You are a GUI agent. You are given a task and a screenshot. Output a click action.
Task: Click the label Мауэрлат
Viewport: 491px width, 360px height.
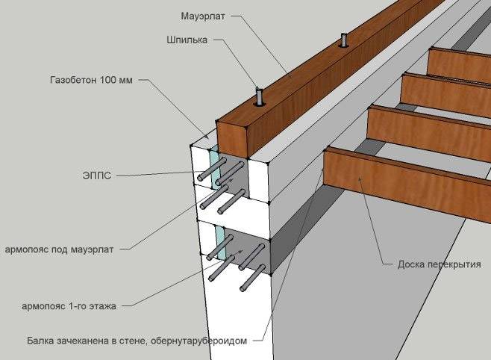203,16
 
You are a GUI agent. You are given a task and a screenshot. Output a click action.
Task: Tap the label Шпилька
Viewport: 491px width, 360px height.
187,40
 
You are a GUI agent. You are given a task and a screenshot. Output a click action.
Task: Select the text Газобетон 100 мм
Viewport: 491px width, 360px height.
91,80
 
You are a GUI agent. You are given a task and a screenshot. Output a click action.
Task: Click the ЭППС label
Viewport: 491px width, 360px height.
97,175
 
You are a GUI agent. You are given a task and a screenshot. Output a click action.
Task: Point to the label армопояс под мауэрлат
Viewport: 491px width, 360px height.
59,249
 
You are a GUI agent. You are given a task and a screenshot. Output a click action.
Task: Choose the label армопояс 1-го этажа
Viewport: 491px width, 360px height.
69,305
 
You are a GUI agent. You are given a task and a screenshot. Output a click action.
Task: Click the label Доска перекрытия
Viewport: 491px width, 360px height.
440,264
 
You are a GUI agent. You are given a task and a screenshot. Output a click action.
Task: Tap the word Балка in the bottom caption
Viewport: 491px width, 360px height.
40,341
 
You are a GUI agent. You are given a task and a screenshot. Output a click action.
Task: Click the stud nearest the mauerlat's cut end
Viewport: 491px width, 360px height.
259,97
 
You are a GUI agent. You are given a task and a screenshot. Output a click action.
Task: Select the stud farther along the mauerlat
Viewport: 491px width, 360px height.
343,40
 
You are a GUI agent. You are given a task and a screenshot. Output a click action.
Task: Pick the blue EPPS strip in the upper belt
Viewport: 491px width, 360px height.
215,167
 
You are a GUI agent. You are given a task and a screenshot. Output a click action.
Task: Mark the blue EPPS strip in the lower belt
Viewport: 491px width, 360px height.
220,243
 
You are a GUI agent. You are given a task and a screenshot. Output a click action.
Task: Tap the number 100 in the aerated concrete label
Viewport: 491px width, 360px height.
107,80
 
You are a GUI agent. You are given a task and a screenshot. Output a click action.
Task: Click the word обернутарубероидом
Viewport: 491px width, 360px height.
198,341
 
